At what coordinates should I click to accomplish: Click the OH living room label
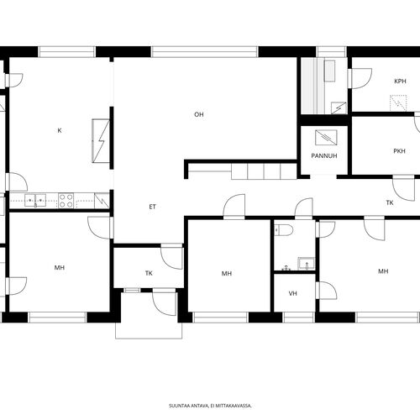tap(199, 114)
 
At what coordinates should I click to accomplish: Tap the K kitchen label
tap(60, 130)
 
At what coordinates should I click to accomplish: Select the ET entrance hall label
tap(152, 207)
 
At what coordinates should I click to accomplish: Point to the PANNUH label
tap(324, 155)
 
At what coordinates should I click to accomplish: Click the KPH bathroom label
tap(400, 81)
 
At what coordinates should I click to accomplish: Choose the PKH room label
tap(399, 151)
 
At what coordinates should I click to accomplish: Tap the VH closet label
tap(292, 293)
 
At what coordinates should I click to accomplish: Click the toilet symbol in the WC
tap(283, 230)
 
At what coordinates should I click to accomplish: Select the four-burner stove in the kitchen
tap(66, 201)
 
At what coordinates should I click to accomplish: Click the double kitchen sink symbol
tap(35, 201)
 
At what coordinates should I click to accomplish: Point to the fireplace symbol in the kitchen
tap(101, 141)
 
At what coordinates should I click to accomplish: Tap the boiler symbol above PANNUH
tap(326, 138)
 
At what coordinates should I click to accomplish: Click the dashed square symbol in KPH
tap(398, 103)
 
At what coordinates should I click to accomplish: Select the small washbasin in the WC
tap(307, 264)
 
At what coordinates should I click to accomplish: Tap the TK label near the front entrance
tap(149, 273)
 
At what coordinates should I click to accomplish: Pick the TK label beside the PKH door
tap(390, 202)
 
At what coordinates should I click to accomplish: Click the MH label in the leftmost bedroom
tap(60, 268)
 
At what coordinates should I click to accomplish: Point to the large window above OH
tap(205, 52)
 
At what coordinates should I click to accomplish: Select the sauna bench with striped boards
tap(309, 86)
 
